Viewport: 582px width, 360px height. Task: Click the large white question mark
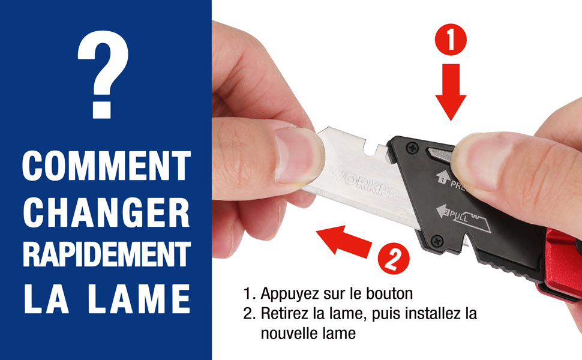point(103,74)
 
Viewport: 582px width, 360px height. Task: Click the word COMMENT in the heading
point(107,166)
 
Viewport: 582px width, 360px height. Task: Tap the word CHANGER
point(107,212)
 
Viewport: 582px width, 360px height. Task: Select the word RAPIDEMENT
point(107,254)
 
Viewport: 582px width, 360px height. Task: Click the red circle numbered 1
point(451,40)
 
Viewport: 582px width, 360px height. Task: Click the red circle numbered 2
point(394,259)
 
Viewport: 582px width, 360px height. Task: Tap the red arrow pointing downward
point(451,92)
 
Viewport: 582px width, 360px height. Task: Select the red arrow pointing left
point(344,242)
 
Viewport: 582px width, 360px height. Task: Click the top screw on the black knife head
point(412,148)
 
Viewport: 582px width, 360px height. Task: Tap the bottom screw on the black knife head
point(437,241)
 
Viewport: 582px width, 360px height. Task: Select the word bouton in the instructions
point(389,293)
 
